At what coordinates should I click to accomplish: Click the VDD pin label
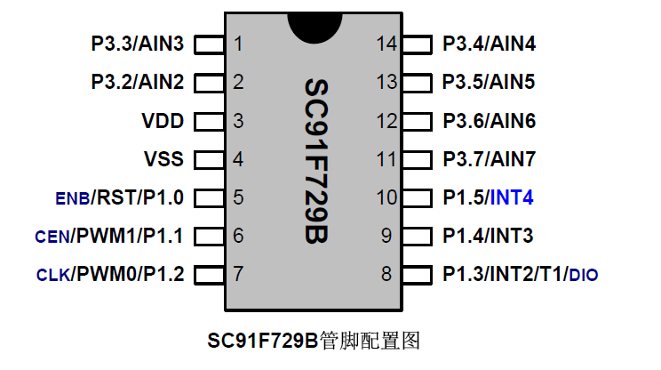(x=163, y=121)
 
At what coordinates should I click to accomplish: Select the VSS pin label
(x=163, y=159)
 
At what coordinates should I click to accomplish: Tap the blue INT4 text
(x=512, y=197)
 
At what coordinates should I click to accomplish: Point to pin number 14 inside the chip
(x=386, y=44)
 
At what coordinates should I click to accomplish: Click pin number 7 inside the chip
(x=238, y=274)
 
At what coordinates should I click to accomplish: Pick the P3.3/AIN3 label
(x=138, y=44)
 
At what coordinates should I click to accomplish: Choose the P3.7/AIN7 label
(x=489, y=159)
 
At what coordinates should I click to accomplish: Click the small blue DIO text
(x=584, y=276)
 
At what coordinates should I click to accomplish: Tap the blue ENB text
(x=73, y=198)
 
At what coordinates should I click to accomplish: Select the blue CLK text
(x=53, y=276)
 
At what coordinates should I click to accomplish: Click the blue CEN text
(x=52, y=237)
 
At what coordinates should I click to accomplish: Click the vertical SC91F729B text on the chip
(x=316, y=161)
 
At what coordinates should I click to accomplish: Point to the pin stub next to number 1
(x=209, y=44)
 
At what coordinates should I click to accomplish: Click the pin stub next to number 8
(x=418, y=274)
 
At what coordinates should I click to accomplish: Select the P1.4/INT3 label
(x=488, y=236)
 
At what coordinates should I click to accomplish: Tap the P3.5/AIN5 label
(x=488, y=82)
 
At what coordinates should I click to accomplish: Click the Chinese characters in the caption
(x=370, y=341)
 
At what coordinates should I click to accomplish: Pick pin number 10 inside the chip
(x=386, y=197)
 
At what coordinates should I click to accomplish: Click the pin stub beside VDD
(x=209, y=122)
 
